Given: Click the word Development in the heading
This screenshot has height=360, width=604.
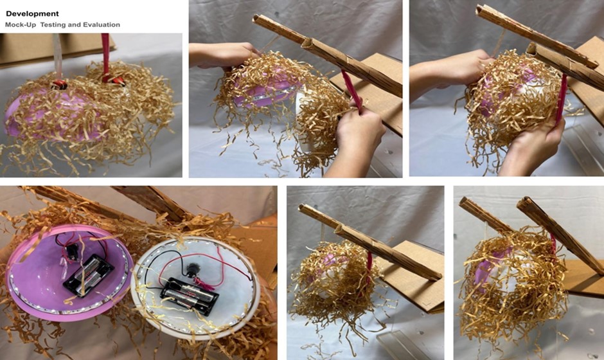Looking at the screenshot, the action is point(32,14).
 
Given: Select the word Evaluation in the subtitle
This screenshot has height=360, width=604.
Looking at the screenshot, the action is point(100,24).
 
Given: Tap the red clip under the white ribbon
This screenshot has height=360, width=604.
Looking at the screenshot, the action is point(60,84).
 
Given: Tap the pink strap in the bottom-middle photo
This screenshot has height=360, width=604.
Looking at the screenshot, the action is point(369,270).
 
